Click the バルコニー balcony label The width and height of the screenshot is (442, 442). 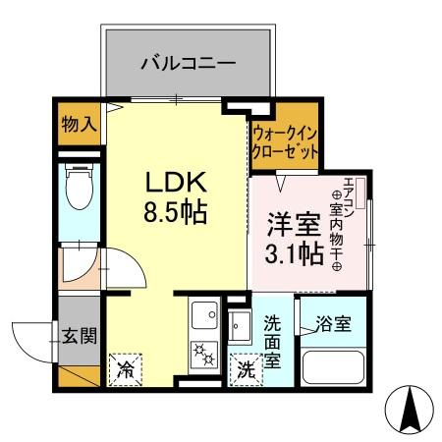coord(187,64)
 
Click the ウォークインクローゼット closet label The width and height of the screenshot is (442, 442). coord(286,143)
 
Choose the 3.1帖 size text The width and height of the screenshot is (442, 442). coord(292,254)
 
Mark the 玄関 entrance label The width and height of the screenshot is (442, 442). coord(80,337)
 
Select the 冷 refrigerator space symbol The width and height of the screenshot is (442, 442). coord(127,370)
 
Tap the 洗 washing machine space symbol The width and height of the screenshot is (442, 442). coord(245,371)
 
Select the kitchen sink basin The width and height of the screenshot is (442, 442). coord(204,317)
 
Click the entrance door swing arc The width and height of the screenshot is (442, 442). coord(30,339)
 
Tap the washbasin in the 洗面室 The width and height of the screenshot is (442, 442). coord(241,323)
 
